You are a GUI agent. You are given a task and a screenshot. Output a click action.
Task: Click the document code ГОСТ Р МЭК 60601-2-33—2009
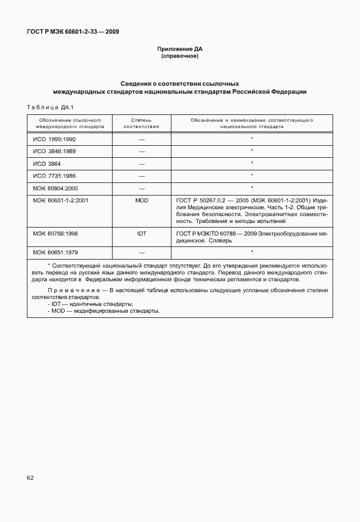[x=74, y=31]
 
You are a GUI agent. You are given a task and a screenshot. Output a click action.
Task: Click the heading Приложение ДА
[x=180, y=49]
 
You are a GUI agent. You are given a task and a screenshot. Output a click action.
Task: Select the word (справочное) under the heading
[x=180, y=57]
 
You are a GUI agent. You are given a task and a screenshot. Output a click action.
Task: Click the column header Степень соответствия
[x=141, y=123]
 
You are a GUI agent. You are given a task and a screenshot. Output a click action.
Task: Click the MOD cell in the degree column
[x=141, y=201]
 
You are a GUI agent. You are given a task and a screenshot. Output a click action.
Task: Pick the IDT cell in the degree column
[x=141, y=234]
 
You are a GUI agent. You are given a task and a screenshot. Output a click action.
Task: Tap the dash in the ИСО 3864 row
[x=141, y=164]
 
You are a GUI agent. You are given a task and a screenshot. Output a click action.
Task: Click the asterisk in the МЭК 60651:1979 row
[x=251, y=251]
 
